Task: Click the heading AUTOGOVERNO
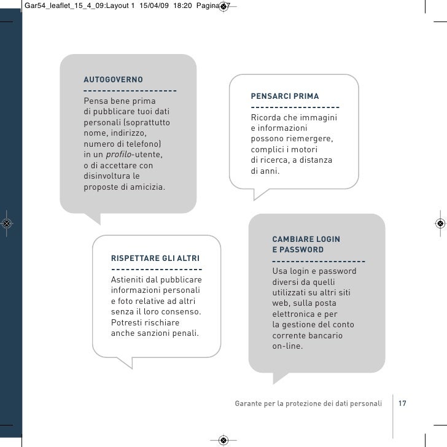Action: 113,80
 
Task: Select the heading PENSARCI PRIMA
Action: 285,96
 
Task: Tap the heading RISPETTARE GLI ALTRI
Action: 155,258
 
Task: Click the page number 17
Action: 402,403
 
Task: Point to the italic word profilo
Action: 119,155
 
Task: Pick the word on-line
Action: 287,346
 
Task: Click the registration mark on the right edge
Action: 440,223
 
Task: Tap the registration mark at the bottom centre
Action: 223,440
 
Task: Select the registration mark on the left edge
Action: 7,223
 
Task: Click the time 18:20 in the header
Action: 182,6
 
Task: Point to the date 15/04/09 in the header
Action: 154,6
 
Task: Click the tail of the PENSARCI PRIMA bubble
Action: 260,195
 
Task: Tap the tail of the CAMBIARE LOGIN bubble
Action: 280,378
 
